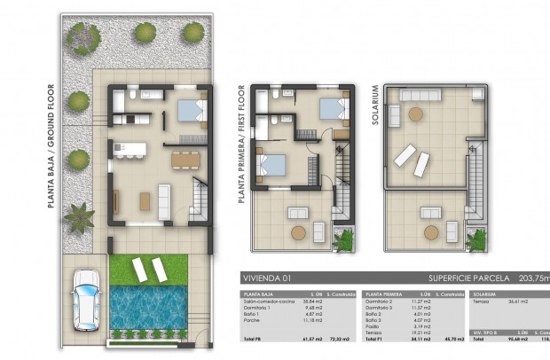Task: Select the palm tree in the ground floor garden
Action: tap(80, 215)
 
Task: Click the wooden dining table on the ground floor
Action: tap(185, 160)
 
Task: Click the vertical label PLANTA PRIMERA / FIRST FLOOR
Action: tap(241, 144)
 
